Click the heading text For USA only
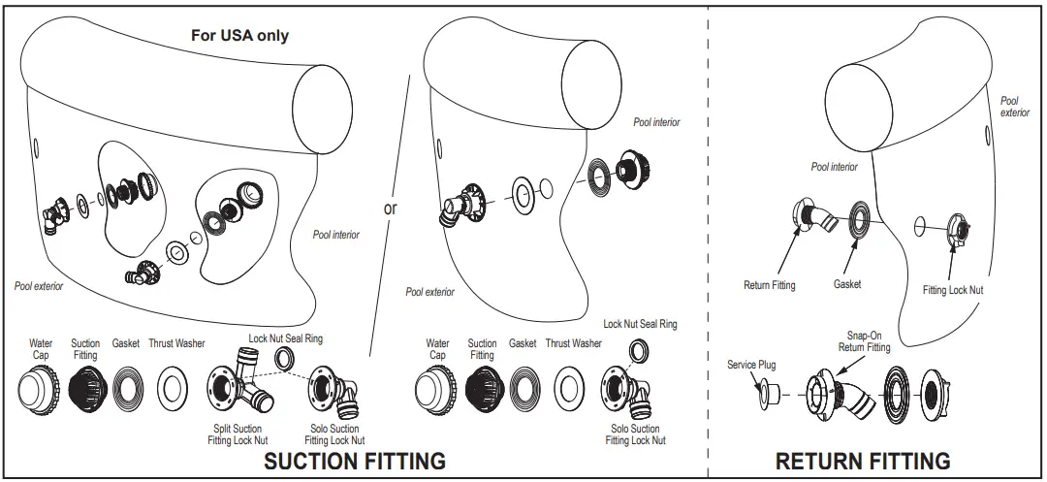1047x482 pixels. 238,36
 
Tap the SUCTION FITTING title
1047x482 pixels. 355,460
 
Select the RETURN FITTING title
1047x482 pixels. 863,460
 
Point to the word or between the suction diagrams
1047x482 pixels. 391,208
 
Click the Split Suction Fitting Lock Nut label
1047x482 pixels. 237,434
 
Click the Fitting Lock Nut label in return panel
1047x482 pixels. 953,290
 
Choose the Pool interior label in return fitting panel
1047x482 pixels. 834,167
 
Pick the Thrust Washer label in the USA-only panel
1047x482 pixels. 176,343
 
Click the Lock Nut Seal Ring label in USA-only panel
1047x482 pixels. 286,338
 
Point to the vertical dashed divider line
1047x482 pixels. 708,242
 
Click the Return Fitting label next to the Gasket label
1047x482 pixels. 769,285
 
